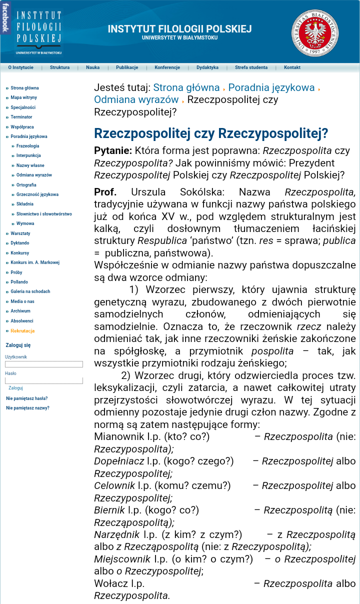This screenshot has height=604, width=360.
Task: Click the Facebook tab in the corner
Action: point(4,18)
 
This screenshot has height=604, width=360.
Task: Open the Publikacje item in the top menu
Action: point(127,67)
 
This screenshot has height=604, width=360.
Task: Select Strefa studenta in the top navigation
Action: point(251,67)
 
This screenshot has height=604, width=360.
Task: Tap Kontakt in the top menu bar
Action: point(292,67)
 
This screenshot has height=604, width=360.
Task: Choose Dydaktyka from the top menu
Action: point(207,67)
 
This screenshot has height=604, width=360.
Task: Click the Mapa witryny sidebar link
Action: point(23,97)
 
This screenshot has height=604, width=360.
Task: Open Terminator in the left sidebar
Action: point(21,117)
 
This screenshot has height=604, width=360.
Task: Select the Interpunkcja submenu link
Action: point(28,155)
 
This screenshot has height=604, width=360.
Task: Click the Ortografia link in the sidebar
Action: point(26,185)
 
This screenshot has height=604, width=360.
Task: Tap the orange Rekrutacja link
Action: point(22,331)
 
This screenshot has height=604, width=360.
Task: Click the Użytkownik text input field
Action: point(44,364)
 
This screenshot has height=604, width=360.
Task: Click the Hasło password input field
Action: point(44,380)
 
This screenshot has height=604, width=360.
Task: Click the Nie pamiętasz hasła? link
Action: point(27,398)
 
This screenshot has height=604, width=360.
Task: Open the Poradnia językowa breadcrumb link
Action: point(271,88)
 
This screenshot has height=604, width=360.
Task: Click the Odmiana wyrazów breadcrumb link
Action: point(136,99)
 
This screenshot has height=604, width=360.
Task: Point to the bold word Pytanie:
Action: point(113,151)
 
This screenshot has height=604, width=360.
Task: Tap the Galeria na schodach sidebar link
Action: point(30,291)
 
